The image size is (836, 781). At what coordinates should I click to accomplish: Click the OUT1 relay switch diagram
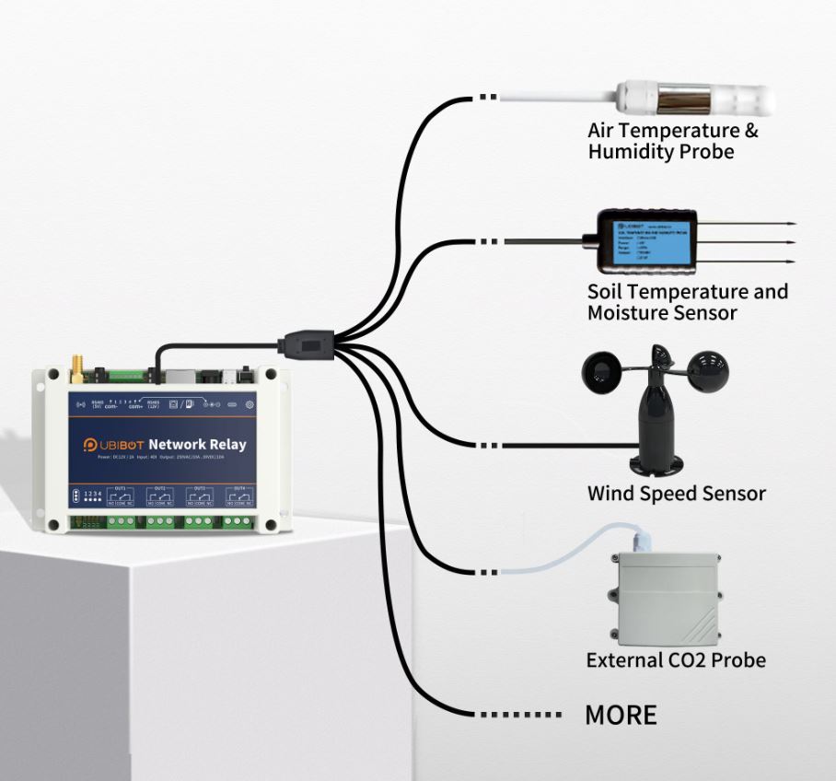point(120,498)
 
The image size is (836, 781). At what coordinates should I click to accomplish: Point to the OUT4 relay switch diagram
point(238,498)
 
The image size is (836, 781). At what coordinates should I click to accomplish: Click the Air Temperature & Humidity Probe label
point(672,141)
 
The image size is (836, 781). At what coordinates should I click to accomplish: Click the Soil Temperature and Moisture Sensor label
point(687,302)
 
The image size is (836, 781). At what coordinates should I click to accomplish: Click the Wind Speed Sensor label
point(676,494)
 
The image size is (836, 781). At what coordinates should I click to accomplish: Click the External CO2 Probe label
point(675,660)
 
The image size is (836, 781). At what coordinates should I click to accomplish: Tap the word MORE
point(621,715)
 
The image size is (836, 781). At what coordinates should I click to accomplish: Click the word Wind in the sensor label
point(610,494)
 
